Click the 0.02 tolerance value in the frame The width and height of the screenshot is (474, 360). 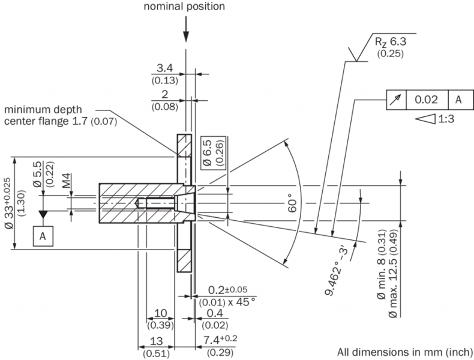(427, 100)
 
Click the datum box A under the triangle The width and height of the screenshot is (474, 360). (43, 236)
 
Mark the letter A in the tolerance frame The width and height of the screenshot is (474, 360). (458, 100)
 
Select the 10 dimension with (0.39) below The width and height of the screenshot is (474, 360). (161, 314)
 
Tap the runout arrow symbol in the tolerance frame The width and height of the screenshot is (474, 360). (396, 100)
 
